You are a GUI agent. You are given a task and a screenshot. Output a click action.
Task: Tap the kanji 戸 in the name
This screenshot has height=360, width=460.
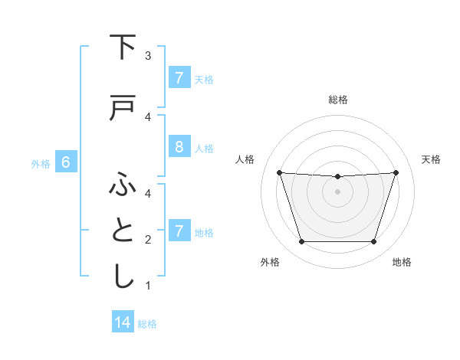(x=123, y=109)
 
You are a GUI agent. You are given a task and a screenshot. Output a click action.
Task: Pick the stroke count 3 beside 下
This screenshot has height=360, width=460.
(x=148, y=56)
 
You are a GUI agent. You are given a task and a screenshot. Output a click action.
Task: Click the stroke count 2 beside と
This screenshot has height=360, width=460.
(x=148, y=240)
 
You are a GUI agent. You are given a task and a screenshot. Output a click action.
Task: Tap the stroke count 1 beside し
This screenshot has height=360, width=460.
(x=148, y=286)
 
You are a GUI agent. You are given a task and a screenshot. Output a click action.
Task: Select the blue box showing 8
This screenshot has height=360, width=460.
(x=179, y=147)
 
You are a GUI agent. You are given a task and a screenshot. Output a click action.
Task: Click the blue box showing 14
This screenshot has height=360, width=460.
(x=123, y=322)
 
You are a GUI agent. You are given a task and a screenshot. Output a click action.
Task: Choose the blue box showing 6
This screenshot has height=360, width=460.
(x=66, y=162)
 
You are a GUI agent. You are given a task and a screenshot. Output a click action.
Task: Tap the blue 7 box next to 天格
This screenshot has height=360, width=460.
(x=179, y=77)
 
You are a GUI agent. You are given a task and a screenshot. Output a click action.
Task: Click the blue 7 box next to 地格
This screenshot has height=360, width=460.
(x=179, y=231)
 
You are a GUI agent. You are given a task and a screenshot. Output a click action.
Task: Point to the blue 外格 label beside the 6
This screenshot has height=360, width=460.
(x=41, y=163)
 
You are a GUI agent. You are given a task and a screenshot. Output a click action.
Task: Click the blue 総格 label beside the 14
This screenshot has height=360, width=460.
(x=147, y=324)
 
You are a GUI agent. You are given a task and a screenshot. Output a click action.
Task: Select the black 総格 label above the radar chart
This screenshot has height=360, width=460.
(x=337, y=100)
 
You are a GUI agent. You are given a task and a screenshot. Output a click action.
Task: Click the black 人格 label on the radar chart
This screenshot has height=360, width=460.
(x=245, y=159)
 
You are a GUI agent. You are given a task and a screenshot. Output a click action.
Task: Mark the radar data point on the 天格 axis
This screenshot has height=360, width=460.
(x=396, y=172)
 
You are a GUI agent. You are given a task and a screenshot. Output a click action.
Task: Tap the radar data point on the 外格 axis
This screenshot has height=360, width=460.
(x=301, y=242)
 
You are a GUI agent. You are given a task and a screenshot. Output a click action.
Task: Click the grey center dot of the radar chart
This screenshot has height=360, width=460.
(x=337, y=191)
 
